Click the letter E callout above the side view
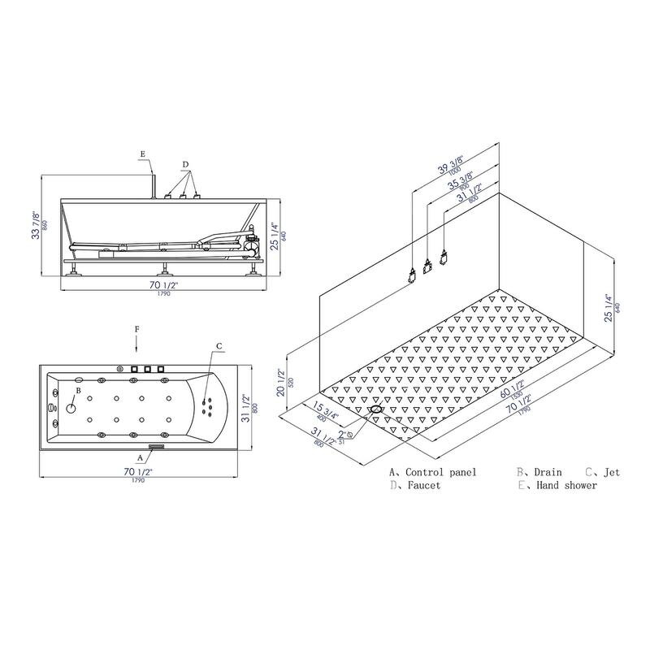pyautogui.click(x=141, y=154)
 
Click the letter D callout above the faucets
pyautogui.click(x=185, y=165)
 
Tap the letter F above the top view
pyautogui.click(x=137, y=329)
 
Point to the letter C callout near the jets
pyautogui.click(x=219, y=346)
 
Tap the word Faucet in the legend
pyautogui.click(x=426, y=486)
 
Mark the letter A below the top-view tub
pyautogui.click(x=141, y=457)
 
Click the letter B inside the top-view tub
pyautogui.click(x=78, y=391)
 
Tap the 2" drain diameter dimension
pyautogui.click(x=345, y=434)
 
